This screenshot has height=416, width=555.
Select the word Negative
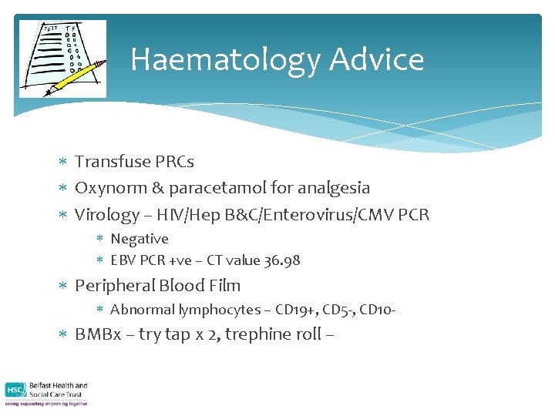point(140,239)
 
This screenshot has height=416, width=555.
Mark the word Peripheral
point(115,286)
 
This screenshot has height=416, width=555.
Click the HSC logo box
point(15,391)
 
